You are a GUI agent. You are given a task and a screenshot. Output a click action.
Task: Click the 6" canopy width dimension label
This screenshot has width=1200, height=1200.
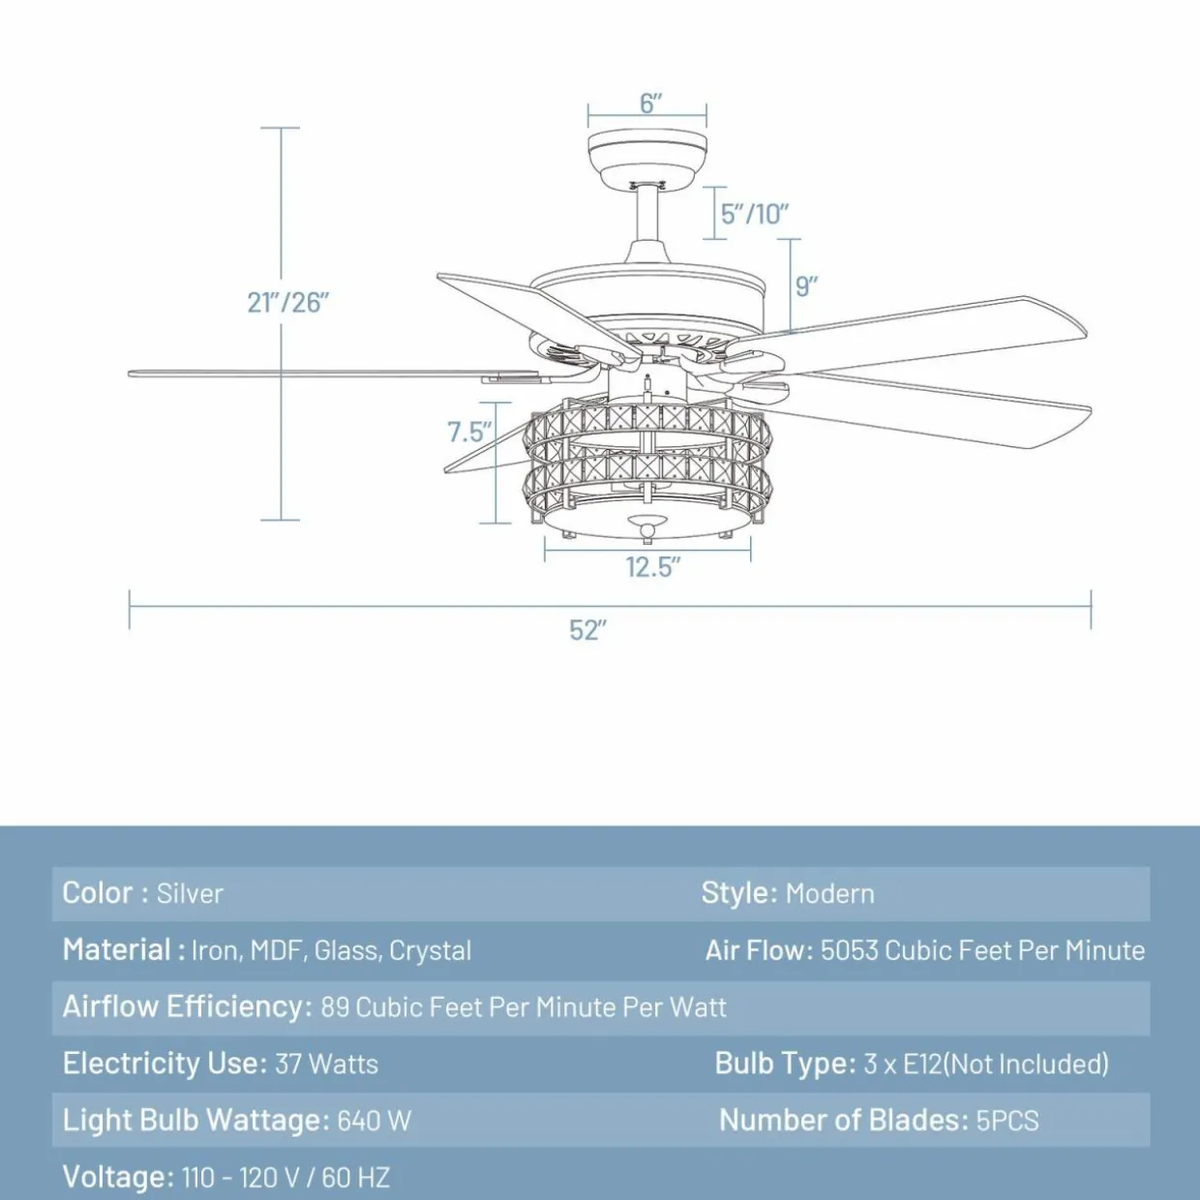click(650, 104)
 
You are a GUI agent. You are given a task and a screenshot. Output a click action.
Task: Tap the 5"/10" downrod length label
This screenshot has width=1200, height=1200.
click(755, 214)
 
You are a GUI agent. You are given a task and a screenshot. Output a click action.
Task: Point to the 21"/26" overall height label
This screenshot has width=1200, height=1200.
click(287, 303)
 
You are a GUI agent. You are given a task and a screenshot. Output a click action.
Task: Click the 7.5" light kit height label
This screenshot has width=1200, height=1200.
click(469, 432)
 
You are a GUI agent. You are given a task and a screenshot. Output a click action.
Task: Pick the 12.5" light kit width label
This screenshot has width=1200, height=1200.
click(652, 567)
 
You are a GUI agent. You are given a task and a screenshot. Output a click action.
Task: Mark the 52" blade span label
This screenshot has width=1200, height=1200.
click(587, 630)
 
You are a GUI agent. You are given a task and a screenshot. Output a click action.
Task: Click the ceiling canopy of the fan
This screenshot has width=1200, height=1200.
click(647, 157)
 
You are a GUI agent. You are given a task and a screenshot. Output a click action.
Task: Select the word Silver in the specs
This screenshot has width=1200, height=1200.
click(190, 893)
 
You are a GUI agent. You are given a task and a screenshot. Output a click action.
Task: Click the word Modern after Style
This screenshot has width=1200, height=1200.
click(829, 893)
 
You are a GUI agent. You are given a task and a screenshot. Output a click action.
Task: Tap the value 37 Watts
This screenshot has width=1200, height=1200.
click(326, 1064)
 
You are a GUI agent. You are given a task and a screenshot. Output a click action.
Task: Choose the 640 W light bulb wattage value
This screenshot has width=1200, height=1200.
click(375, 1121)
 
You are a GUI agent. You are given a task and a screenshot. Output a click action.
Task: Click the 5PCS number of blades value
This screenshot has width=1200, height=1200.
click(1007, 1121)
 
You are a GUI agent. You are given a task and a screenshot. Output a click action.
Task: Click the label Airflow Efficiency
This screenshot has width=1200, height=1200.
click(187, 1007)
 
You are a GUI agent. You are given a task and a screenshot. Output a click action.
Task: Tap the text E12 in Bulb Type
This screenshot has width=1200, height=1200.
click(922, 1064)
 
